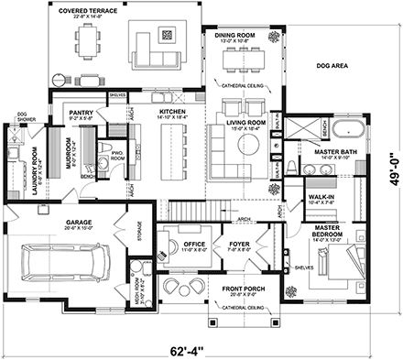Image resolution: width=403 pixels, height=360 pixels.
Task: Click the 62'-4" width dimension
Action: coord(199,347)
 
